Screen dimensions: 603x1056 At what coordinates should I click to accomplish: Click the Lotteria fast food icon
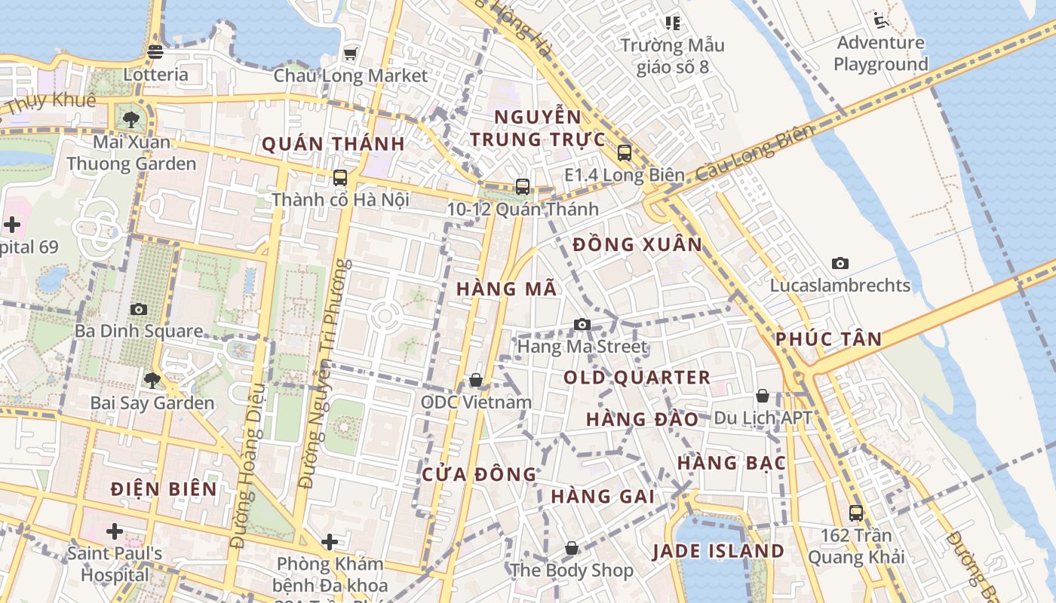tap(155, 52)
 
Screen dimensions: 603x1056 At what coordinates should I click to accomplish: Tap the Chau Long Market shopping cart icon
tap(350, 54)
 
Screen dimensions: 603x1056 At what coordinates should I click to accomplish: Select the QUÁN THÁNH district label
tap(333, 144)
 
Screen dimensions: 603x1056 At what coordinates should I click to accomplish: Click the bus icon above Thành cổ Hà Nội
tap(340, 178)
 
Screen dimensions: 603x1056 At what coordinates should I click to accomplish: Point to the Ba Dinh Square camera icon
tap(139, 309)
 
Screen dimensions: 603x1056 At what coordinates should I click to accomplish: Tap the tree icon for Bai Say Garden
tap(152, 380)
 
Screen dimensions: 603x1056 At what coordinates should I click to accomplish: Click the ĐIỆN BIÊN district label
tap(164, 488)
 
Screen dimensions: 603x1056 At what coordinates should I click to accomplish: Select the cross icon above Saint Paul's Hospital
tap(115, 531)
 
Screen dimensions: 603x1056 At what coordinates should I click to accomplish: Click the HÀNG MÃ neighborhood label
tap(506, 289)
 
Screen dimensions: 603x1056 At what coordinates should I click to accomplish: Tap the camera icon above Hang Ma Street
tap(582, 324)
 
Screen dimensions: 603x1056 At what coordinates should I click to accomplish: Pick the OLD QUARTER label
tap(637, 378)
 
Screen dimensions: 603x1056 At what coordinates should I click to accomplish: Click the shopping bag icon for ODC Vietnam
tap(476, 380)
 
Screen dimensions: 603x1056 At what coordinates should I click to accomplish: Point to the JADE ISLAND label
tap(718, 551)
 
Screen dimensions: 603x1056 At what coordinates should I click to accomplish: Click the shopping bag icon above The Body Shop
tap(572, 548)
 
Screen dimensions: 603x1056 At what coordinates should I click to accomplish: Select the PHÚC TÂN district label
tap(828, 339)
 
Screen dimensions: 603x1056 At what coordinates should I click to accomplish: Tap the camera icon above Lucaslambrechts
tap(840, 263)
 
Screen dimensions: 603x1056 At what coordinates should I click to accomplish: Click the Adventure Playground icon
tap(879, 20)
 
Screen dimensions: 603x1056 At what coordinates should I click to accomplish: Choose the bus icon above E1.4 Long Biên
tap(625, 153)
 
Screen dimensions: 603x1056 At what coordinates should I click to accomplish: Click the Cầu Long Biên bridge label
tap(755, 154)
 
